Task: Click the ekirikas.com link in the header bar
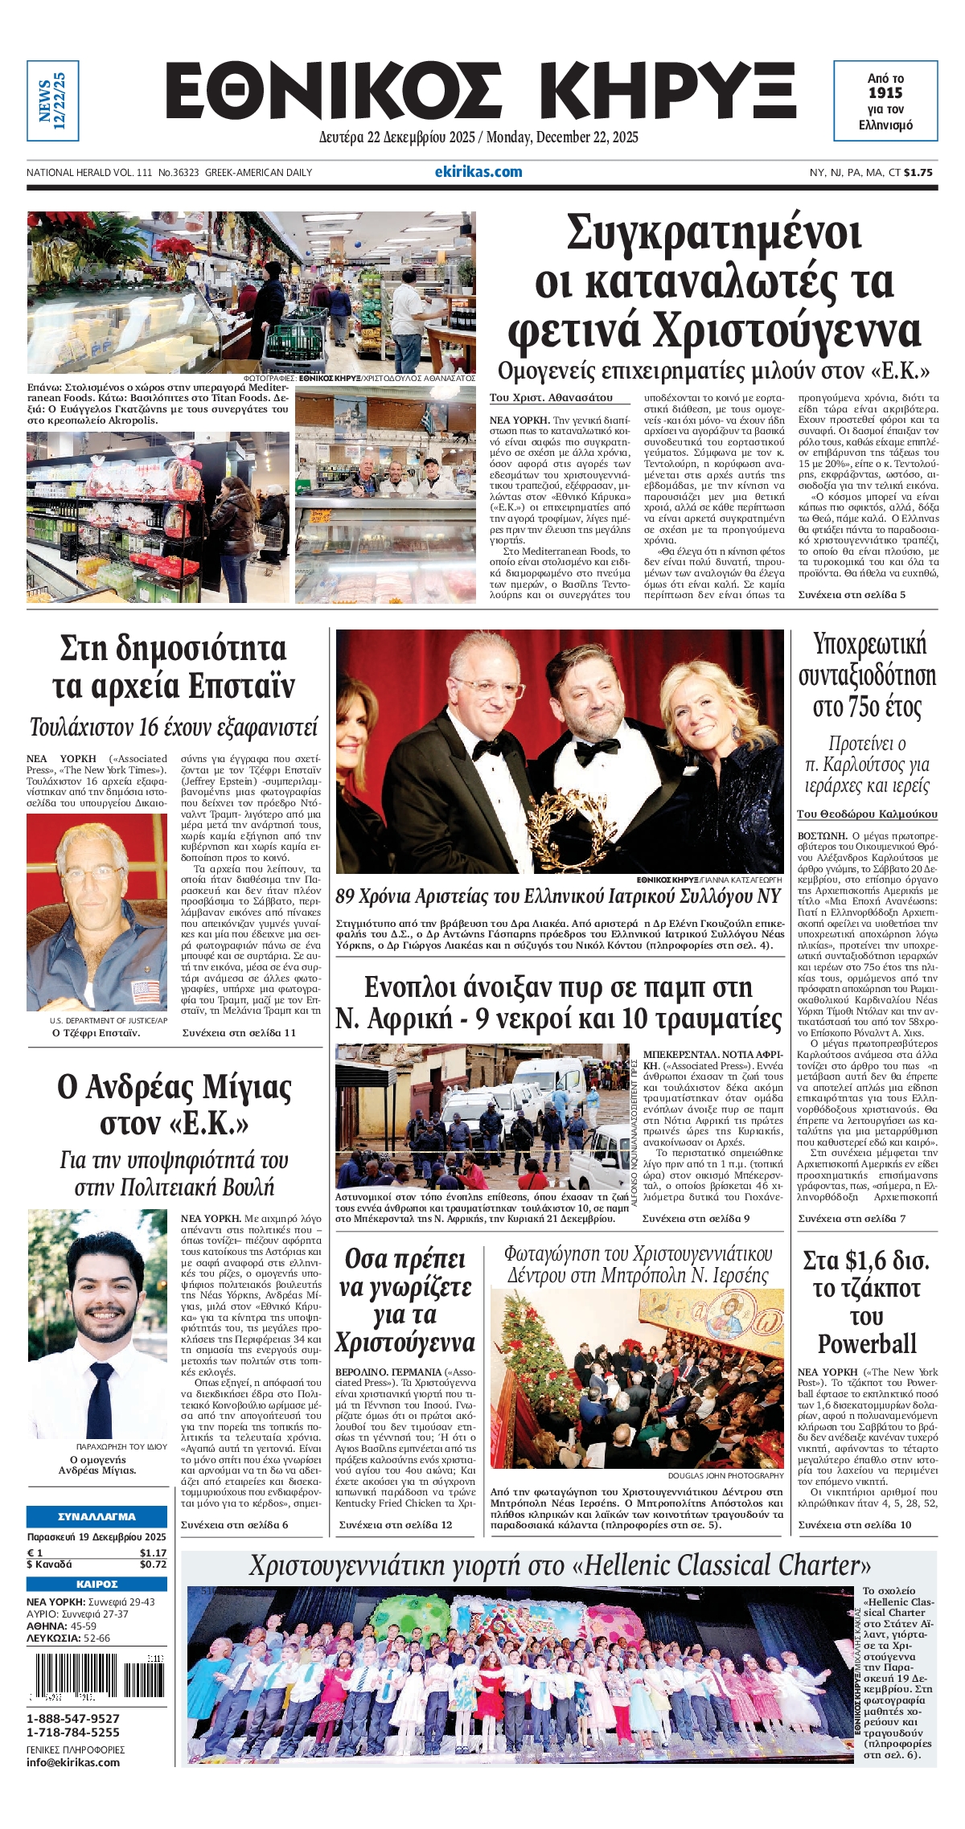(478, 171)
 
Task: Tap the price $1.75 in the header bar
(918, 172)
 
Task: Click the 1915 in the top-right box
(885, 93)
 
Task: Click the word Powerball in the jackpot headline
(867, 1343)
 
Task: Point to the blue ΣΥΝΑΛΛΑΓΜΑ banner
(96, 1516)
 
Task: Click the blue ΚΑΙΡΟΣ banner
(96, 1584)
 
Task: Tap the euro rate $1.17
(153, 1553)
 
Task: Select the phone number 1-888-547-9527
(73, 1719)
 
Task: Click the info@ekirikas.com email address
(73, 1762)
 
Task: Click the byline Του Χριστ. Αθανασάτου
(551, 397)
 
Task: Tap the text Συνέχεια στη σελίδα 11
(239, 1033)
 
